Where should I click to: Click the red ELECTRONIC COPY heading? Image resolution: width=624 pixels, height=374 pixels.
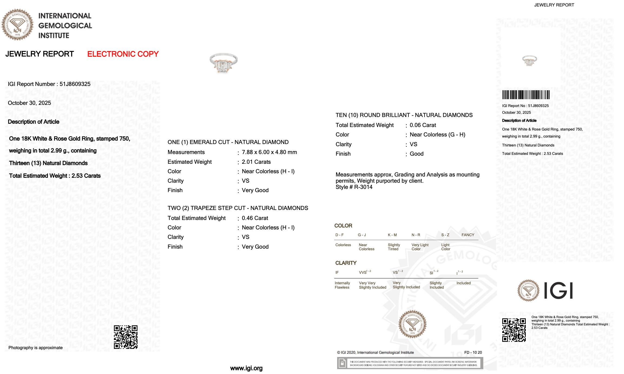[123, 54]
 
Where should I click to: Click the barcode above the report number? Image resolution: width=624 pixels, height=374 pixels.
[526, 95]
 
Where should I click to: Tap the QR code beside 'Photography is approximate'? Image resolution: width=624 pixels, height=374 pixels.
[126, 337]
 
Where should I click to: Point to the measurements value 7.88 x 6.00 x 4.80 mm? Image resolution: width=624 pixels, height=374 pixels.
[269, 152]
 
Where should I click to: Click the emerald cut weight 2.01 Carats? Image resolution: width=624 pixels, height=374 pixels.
[256, 162]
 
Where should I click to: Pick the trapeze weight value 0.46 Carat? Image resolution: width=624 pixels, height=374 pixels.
[255, 218]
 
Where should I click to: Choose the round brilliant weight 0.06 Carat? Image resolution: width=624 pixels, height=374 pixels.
[423, 125]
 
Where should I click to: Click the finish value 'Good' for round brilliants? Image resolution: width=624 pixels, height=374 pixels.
[416, 154]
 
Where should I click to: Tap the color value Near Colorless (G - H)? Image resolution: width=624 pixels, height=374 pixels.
[437, 135]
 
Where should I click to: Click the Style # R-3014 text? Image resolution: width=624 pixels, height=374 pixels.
[354, 187]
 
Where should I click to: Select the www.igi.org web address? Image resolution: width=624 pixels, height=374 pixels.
[246, 368]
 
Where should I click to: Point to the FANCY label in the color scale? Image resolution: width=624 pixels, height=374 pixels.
[468, 235]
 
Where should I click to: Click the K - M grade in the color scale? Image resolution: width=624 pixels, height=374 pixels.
[392, 235]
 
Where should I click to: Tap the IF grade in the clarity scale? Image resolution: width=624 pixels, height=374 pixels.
[337, 272]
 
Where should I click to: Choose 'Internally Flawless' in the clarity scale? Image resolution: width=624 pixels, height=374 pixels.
[342, 285]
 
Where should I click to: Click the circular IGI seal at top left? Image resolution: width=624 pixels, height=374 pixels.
[18, 25]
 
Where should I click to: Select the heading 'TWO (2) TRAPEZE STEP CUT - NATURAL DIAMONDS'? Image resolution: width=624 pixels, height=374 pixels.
[238, 208]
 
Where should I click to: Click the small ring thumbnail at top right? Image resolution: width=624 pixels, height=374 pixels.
[529, 61]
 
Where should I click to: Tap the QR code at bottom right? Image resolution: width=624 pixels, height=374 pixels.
[514, 330]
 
